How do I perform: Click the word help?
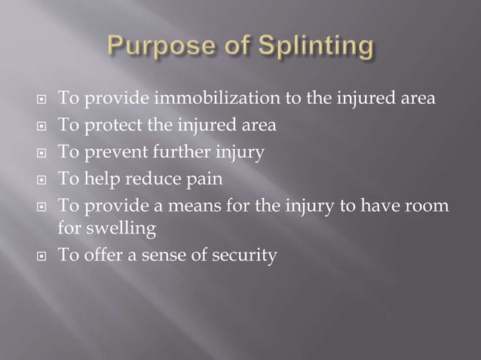click(102, 180)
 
